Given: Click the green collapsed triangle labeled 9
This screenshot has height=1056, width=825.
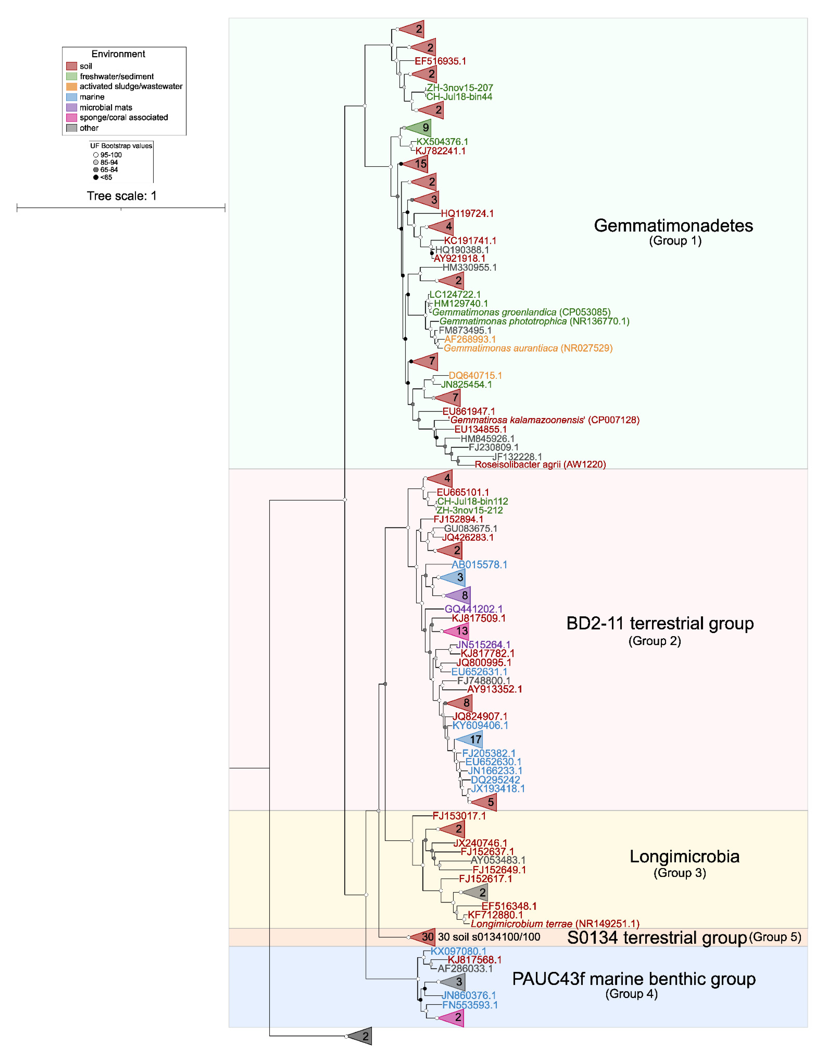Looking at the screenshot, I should [x=421, y=128].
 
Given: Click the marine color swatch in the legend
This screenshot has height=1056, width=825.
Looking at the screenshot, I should [x=72, y=97].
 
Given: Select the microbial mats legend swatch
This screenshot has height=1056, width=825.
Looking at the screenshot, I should [x=72, y=107].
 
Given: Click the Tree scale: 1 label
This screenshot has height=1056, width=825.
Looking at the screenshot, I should [x=121, y=196].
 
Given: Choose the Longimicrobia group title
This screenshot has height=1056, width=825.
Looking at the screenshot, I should [x=684, y=856].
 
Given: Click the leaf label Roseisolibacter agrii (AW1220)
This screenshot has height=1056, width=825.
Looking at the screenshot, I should [x=540, y=464].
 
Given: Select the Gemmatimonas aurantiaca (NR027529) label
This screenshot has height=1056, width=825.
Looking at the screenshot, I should [x=528, y=348].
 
